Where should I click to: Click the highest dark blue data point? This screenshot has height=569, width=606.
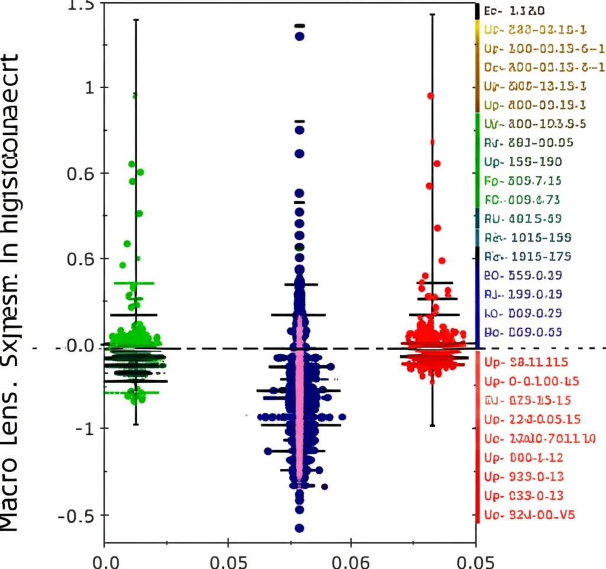[299, 36]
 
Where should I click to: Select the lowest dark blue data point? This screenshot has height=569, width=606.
[299, 528]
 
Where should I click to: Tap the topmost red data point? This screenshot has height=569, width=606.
[431, 95]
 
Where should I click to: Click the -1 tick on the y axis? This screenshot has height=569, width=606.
[83, 427]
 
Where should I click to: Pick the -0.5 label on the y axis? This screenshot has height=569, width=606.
[77, 515]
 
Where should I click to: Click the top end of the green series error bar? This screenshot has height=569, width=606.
[136, 20]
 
